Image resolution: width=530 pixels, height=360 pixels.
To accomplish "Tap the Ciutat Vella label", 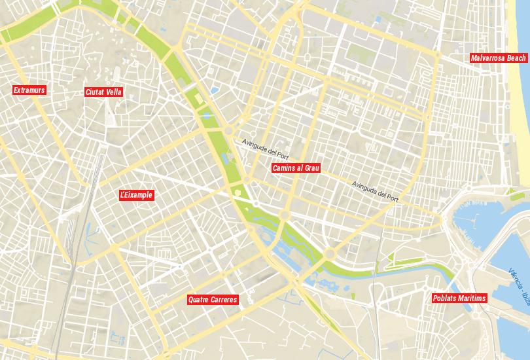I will coord(103,92).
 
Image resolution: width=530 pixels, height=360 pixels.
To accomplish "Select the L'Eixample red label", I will coord(136,195).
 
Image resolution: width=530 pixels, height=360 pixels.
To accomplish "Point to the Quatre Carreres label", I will coord(212,300).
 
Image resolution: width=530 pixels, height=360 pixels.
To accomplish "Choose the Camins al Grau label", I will coord(296,168).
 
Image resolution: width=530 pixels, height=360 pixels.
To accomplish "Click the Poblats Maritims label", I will coord(460,298).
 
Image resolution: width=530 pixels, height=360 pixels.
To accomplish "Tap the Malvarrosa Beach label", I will coord(498,58).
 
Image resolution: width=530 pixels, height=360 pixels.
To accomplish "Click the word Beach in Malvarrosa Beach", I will coord(516,58).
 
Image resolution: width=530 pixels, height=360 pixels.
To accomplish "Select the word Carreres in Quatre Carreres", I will coord(224,300).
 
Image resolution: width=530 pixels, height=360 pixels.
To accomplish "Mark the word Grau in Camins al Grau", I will coord(311,168).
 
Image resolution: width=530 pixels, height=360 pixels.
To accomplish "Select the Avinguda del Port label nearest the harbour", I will coord(374,190).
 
